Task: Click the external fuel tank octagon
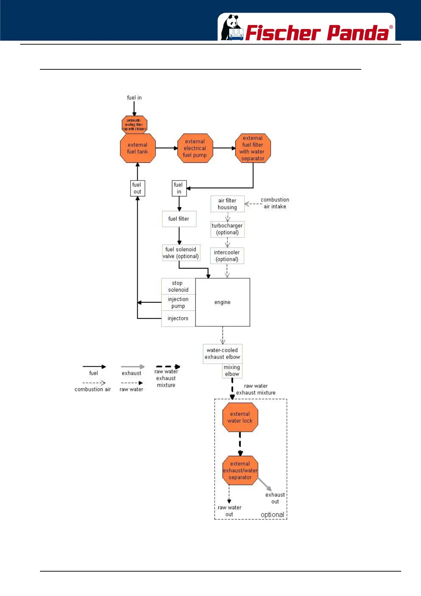(138, 148)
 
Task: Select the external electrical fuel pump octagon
(195, 148)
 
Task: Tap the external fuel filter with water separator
(253, 148)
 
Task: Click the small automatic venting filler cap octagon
(134, 125)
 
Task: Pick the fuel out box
(137, 188)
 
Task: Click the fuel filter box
(179, 219)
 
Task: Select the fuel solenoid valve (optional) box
(181, 253)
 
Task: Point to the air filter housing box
(227, 204)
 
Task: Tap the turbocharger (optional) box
(227, 229)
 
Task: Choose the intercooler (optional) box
(227, 256)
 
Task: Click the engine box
(223, 302)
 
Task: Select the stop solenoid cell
(178, 286)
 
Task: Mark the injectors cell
(178, 319)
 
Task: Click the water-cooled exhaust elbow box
(223, 354)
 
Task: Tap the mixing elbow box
(232, 371)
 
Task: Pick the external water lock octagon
(240, 417)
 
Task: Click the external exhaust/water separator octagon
(240, 470)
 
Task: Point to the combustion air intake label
(275, 203)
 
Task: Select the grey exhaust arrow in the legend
(133, 367)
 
